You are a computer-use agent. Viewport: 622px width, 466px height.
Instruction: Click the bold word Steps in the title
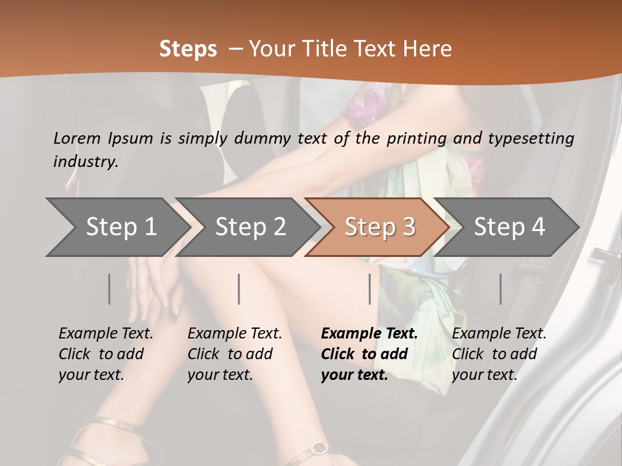(x=188, y=49)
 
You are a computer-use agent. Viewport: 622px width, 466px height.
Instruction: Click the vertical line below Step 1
(x=109, y=289)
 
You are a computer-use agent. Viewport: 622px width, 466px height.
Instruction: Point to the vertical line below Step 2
(x=239, y=289)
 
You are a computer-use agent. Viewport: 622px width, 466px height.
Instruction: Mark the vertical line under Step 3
(x=370, y=289)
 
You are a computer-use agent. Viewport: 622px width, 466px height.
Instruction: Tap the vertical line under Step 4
(x=501, y=289)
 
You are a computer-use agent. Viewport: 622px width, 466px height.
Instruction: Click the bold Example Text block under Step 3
(x=369, y=354)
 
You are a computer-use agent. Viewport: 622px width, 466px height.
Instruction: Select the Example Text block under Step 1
(x=106, y=354)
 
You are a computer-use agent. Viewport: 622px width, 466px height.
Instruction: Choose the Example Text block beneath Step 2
(x=235, y=354)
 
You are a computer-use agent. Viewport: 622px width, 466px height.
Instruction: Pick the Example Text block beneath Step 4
(x=499, y=354)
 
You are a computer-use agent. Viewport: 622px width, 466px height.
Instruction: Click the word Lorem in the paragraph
(x=77, y=138)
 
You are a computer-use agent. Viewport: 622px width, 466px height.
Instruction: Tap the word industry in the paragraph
(x=85, y=162)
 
